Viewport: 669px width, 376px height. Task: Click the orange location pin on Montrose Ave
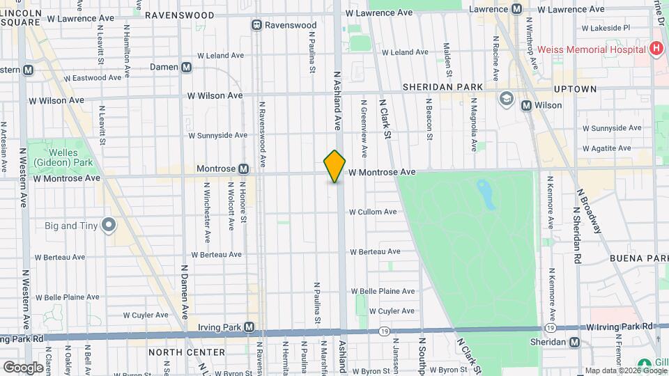coord(334,166)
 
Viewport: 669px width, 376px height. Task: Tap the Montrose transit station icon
coord(243,169)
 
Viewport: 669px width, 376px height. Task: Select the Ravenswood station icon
coord(257,25)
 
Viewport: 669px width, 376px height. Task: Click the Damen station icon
coord(186,67)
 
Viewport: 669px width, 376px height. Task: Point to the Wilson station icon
coord(527,105)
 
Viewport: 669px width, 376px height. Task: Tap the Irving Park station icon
coord(249,327)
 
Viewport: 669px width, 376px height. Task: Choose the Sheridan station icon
coord(574,342)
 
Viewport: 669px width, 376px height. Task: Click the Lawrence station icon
coord(516,9)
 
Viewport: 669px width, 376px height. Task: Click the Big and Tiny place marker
coord(108,225)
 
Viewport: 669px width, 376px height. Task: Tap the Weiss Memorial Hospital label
coord(592,49)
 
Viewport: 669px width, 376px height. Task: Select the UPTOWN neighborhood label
coord(575,89)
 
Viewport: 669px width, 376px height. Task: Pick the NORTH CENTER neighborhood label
coord(186,352)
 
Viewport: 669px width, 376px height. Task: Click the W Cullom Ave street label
coord(373,212)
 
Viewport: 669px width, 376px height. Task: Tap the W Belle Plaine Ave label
coord(383,291)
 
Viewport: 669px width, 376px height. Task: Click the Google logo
coord(22,367)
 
